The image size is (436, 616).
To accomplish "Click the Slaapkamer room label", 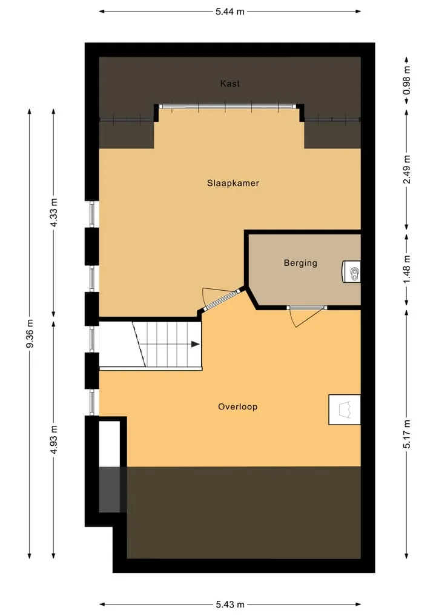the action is point(233,183).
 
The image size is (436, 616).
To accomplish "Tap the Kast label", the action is point(230,84).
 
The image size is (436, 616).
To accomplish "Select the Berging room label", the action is point(300,263).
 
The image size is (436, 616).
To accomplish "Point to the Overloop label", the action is point(237,406).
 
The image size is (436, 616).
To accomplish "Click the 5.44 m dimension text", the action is point(230,12).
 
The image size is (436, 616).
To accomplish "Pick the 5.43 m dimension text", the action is point(230,604).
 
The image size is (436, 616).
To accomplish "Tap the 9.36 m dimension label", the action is point(30,334).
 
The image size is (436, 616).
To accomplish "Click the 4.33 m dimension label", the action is point(54,213).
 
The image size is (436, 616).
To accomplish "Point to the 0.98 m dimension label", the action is point(406,80).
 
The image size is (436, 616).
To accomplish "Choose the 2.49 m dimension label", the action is point(406,170).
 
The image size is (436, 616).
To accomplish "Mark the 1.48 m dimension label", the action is point(406,269).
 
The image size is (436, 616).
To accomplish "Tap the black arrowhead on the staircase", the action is point(195,344).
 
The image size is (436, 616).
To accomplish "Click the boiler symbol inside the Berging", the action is point(351,272).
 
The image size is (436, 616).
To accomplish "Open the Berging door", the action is point(306,314).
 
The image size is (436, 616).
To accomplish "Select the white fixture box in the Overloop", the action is point(345,409).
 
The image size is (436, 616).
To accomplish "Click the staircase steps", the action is point(167,344).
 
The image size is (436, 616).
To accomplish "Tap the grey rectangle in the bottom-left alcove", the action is point(109,490).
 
